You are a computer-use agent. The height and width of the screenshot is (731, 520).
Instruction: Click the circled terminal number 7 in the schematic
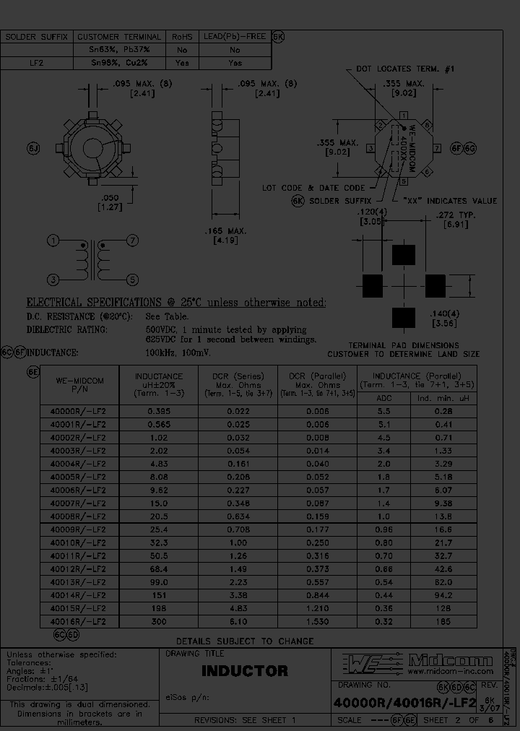coord(132,241)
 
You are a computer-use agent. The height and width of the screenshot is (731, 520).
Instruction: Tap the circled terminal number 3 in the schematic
coord(53,280)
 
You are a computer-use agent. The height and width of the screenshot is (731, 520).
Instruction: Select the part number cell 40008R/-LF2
coord(77,516)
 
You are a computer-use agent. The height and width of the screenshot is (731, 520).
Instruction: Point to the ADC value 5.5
coord(385,411)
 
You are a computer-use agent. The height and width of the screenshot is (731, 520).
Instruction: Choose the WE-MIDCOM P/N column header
coord(77,385)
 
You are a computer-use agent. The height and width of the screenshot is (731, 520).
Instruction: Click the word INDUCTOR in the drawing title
coord(244,671)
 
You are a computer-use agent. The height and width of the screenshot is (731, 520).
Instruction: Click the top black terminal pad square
coord(404,255)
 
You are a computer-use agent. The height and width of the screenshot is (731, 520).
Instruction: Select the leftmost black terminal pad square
coord(372,285)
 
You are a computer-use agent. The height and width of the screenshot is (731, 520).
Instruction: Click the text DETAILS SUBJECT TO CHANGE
coord(245,641)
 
